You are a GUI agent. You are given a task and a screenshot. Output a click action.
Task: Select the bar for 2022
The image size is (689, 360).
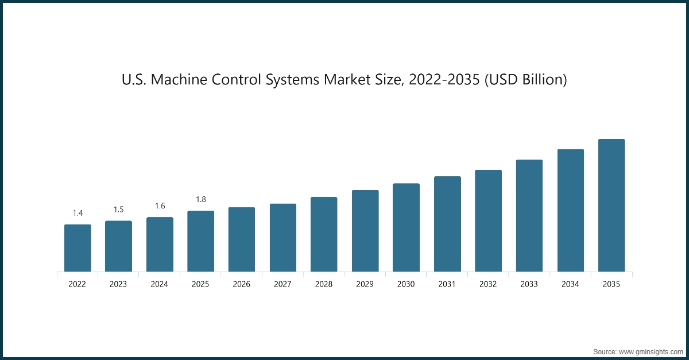click(78, 248)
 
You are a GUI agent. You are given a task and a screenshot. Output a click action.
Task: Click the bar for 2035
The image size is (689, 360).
click(611, 206)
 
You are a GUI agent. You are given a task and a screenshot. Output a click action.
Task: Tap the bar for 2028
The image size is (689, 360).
click(324, 234)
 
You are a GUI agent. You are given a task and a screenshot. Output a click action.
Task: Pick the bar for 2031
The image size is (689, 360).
click(447, 224)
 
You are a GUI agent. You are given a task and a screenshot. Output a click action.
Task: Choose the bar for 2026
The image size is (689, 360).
click(242, 239)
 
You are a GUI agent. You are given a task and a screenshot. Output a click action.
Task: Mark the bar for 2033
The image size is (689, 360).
click(529, 216)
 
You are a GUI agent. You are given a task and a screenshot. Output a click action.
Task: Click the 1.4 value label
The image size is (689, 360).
click(78, 213)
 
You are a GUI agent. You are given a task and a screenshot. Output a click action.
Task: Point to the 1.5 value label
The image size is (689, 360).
click(118, 210)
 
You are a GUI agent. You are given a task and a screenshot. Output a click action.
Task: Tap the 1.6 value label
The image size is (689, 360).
click(160, 206)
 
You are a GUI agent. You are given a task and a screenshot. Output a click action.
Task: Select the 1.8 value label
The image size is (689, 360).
click(200, 199)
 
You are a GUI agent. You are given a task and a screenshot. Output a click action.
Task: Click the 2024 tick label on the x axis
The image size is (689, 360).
click(160, 284)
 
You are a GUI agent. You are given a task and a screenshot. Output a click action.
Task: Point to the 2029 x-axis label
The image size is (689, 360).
click(365, 284)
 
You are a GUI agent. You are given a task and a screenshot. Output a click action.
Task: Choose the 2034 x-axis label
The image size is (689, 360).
click(570, 284)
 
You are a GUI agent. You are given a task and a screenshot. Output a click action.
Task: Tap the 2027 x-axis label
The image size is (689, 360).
click(282, 284)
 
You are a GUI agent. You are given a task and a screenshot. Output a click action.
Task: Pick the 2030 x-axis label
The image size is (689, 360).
click(406, 284)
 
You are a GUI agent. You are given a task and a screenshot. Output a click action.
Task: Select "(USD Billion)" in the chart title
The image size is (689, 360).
click(525, 80)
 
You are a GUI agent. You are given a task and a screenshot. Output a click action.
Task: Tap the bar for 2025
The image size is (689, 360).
click(200, 241)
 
